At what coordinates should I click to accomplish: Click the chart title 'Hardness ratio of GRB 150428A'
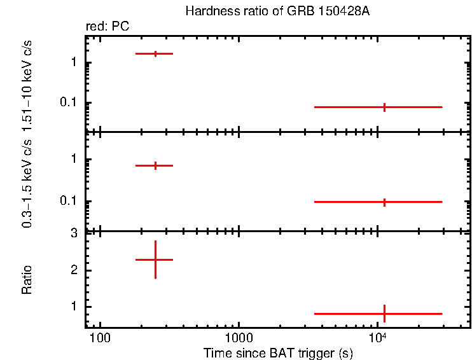[277, 11]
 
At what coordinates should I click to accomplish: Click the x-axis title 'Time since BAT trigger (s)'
[278, 352]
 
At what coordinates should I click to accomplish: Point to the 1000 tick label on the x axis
[239, 336]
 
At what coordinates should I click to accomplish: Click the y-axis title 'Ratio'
[27, 279]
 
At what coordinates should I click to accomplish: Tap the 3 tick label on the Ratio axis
[74, 233]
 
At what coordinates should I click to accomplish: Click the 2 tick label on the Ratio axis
[74, 270]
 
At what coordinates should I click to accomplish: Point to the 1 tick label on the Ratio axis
[74, 307]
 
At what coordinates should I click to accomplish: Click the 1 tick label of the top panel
[74, 63]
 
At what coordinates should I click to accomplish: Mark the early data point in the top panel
[155, 53]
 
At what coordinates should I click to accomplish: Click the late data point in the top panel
[384, 107]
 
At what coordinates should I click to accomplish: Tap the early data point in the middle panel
[155, 165]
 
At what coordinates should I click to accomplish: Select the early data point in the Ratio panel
[155, 260]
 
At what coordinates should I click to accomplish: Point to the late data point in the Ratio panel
[384, 314]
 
